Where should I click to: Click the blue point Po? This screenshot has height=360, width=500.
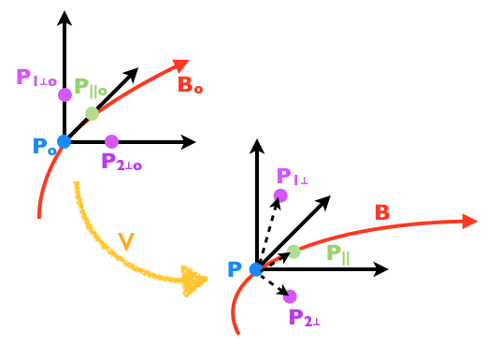pyautogui.click(x=64, y=141)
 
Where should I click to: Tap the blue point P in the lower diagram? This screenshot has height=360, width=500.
pyautogui.click(x=256, y=269)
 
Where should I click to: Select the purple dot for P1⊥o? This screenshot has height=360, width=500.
pyautogui.click(x=64, y=94)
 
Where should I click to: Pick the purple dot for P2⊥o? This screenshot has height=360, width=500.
pyautogui.click(x=112, y=141)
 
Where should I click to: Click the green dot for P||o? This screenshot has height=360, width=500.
pyautogui.click(x=92, y=113)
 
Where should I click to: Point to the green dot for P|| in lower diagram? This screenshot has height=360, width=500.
pyautogui.click(x=293, y=251)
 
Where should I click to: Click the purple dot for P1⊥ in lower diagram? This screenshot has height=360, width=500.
pyautogui.click(x=280, y=195)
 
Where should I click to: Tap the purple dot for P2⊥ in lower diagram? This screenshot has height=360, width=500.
pyautogui.click(x=290, y=296)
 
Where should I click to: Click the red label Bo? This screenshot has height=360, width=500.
pyautogui.click(x=189, y=85)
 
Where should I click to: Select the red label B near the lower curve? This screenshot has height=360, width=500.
pyautogui.click(x=381, y=213)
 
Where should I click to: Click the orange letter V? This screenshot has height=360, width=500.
pyautogui.click(x=126, y=241)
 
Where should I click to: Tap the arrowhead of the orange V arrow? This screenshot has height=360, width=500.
pyautogui.click(x=196, y=281)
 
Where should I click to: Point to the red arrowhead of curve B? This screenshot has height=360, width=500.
pyautogui.click(x=470, y=222)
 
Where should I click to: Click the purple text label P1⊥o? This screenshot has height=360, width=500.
pyautogui.click(x=36, y=78)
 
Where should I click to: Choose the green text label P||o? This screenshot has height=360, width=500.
pyautogui.click(x=91, y=89)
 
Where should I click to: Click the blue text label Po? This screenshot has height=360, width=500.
pyautogui.click(x=44, y=147)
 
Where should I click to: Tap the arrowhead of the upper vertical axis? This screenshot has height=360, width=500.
pyautogui.click(x=64, y=17)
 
